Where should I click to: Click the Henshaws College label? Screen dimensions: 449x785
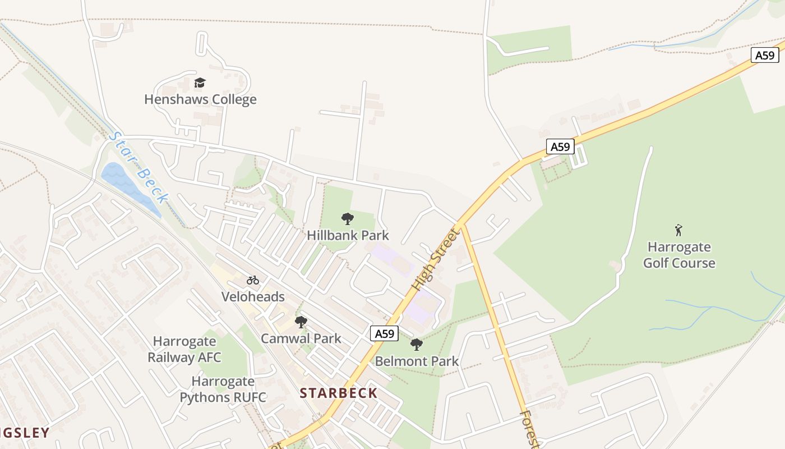click(x=200, y=99)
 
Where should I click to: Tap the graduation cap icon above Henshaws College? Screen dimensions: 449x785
click(x=200, y=83)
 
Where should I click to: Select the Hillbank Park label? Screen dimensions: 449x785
click(x=348, y=235)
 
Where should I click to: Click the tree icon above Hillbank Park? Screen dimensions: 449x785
click(x=348, y=219)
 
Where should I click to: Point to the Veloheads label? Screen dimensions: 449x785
click(x=253, y=297)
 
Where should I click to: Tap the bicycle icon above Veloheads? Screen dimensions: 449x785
click(x=253, y=280)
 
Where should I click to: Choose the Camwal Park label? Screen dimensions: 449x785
click(x=301, y=338)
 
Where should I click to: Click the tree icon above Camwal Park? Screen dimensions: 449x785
click(x=301, y=322)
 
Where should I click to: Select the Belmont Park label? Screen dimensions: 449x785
click(x=417, y=361)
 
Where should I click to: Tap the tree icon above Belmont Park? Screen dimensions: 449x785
click(x=416, y=345)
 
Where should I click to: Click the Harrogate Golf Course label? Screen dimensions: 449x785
click(x=679, y=255)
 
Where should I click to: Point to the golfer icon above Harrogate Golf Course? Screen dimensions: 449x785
click(x=678, y=230)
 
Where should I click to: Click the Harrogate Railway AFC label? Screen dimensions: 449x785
click(x=184, y=349)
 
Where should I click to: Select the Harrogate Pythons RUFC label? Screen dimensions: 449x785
click(x=223, y=390)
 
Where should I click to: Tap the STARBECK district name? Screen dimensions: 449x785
click(x=339, y=393)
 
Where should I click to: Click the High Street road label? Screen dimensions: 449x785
click(x=435, y=259)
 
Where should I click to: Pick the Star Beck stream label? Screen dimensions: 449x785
click(x=138, y=167)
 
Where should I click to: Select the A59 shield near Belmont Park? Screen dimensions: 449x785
click(x=384, y=333)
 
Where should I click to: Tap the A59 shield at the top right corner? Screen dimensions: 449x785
click(x=765, y=55)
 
